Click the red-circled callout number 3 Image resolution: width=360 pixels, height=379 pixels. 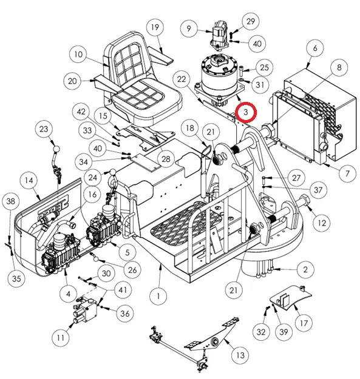(x=246, y=112)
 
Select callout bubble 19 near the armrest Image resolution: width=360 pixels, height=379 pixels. (x=155, y=27)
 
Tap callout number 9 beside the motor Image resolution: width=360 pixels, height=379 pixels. (x=189, y=29)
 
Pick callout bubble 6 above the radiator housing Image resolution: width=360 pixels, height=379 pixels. (x=314, y=48)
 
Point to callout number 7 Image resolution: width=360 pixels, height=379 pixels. (x=347, y=173)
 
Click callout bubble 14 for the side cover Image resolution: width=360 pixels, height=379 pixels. (x=29, y=180)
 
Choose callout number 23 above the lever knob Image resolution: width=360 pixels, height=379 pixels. (x=44, y=129)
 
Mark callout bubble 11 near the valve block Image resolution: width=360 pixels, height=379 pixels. (x=61, y=337)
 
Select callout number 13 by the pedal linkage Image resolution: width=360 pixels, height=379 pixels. (x=240, y=355)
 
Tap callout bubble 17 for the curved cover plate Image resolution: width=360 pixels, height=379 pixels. (x=304, y=323)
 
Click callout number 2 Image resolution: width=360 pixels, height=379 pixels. (x=305, y=269)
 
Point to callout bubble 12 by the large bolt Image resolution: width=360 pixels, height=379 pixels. (x=322, y=223)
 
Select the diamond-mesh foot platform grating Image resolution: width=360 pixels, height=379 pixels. (x=186, y=223)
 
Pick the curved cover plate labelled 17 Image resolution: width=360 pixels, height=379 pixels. (x=290, y=297)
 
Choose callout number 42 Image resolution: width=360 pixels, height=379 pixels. (x=81, y=112)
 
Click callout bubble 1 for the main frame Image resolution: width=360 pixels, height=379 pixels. (x=158, y=296)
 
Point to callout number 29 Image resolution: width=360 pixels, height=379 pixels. (x=251, y=21)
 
